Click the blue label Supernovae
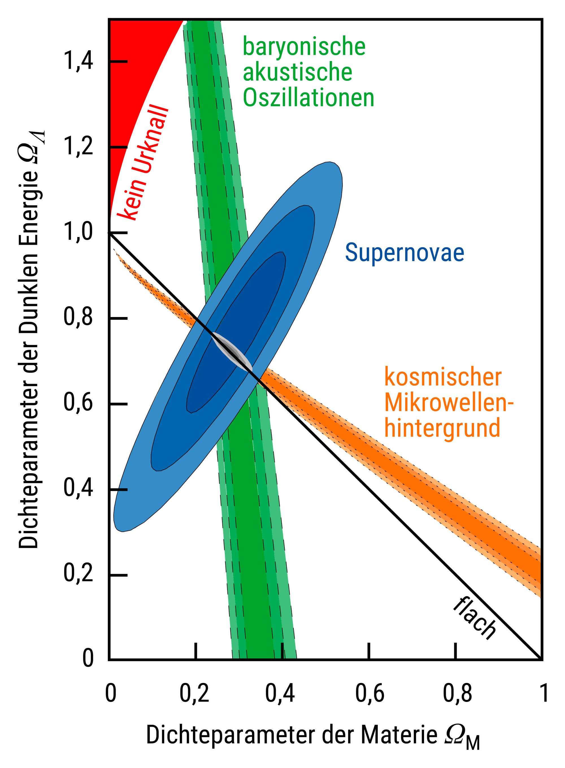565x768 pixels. [x=404, y=253]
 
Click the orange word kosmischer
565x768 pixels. [x=443, y=377]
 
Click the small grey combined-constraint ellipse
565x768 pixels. [x=233, y=351]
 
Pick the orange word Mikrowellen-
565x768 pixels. [x=449, y=403]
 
